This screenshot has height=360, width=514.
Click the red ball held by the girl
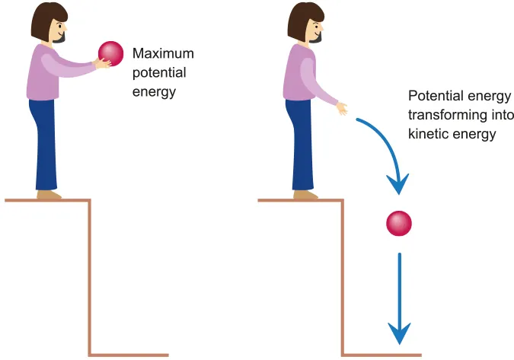pos(110,53)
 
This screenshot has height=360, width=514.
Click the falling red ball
pos(399,224)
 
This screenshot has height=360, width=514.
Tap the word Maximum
pos(163,54)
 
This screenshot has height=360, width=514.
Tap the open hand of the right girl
pos(343,108)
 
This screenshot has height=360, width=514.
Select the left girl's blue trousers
pos(44,145)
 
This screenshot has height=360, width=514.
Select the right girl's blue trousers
pos(302,145)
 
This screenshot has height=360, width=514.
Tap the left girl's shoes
pos(49,195)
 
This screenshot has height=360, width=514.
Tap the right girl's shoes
pos(305,195)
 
